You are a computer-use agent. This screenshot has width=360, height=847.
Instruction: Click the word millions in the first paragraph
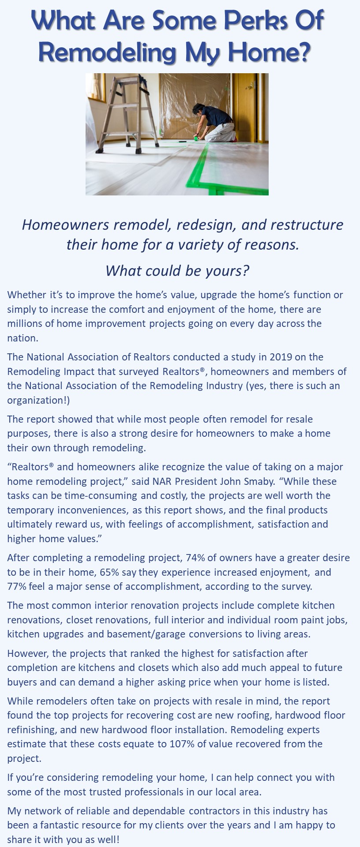point(25,323)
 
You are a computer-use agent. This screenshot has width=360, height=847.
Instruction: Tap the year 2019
point(281,357)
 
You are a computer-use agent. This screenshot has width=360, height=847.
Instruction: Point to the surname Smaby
point(252,481)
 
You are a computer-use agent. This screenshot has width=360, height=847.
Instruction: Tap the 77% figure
point(17,586)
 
